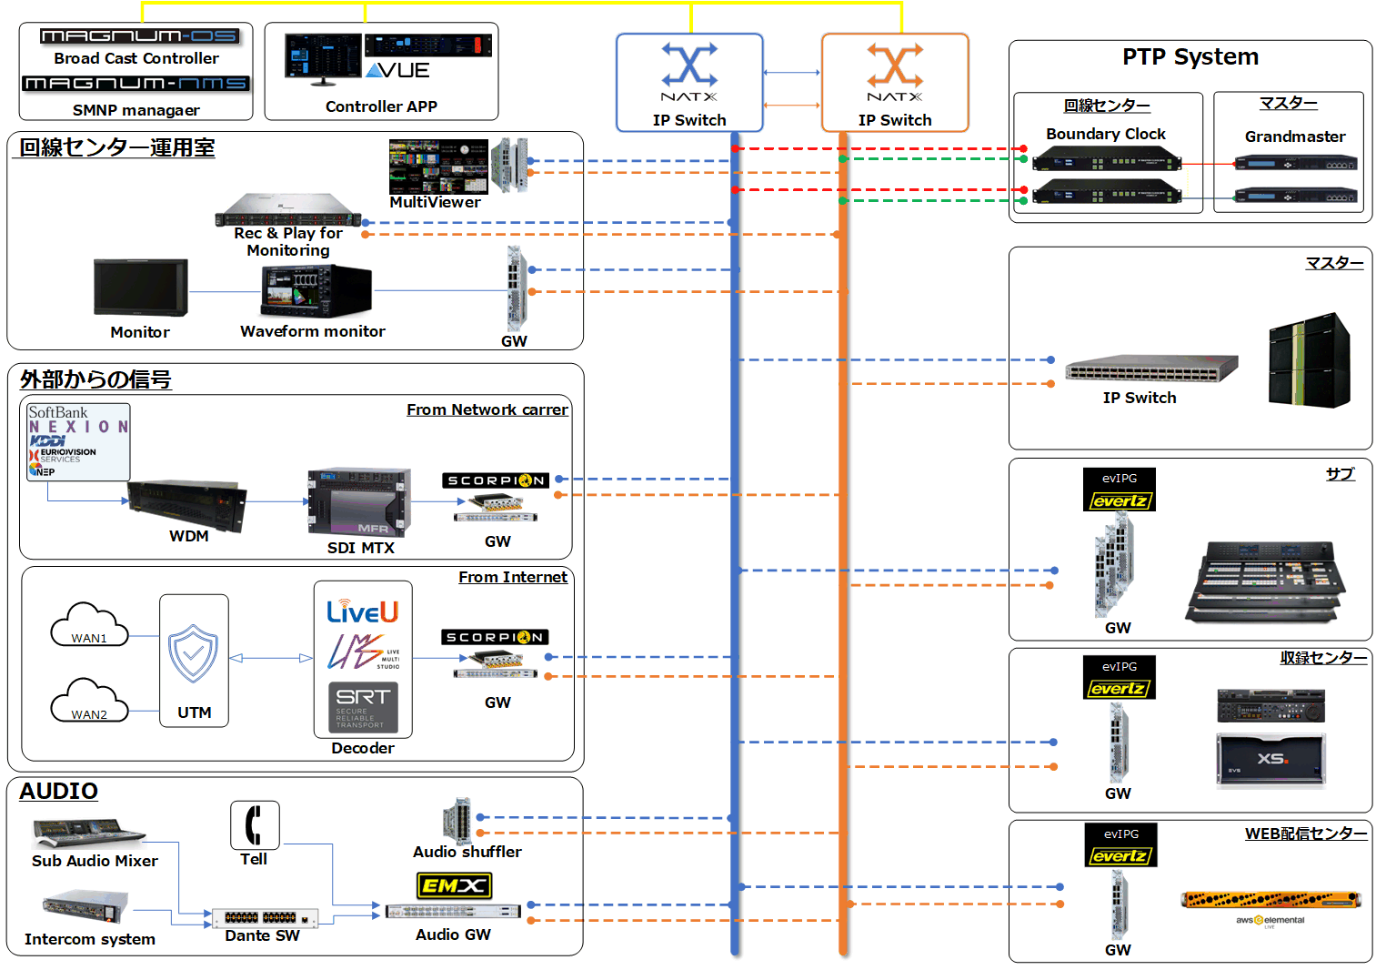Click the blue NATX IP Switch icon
pos(688,66)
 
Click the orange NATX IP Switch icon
pos(895,66)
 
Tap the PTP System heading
pos(1190,57)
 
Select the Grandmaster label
pos(1294,136)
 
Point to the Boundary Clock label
pos(1105,134)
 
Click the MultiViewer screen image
pos(437,167)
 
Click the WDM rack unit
pos(186,504)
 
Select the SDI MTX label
pos(360,548)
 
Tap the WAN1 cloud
pos(88,626)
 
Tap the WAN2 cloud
pos(88,702)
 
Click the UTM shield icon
pos(193,652)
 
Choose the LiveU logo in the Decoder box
pos(362,611)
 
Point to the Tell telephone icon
pos(255,824)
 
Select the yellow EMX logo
pos(454,885)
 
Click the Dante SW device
pos(265,917)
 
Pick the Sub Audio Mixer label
pos(95,861)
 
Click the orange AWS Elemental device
pos(1270,900)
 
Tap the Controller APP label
pos(381,106)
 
